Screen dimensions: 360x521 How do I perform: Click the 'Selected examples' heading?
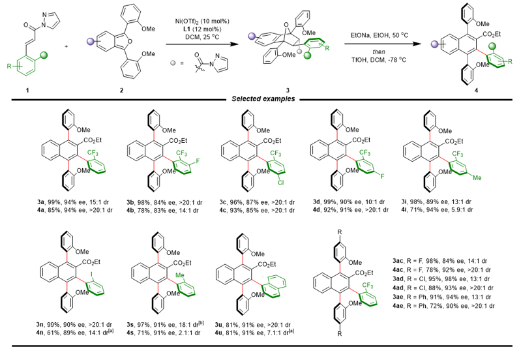point(260,99)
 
